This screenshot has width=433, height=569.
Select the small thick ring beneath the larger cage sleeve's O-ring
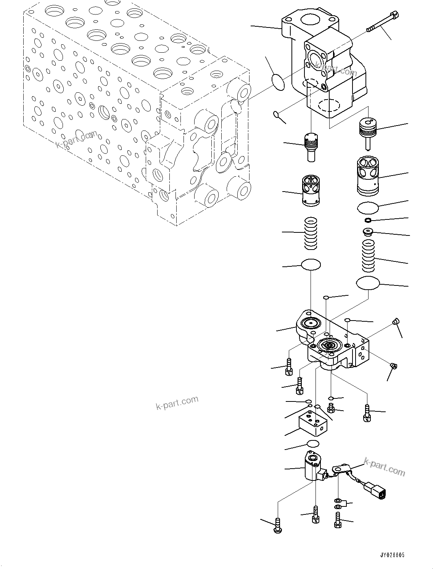point(368,220)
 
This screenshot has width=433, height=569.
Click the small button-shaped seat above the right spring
point(368,231)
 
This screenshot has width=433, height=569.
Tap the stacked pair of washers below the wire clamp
point(338,503)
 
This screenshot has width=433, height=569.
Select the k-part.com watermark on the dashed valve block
point(76,139)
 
